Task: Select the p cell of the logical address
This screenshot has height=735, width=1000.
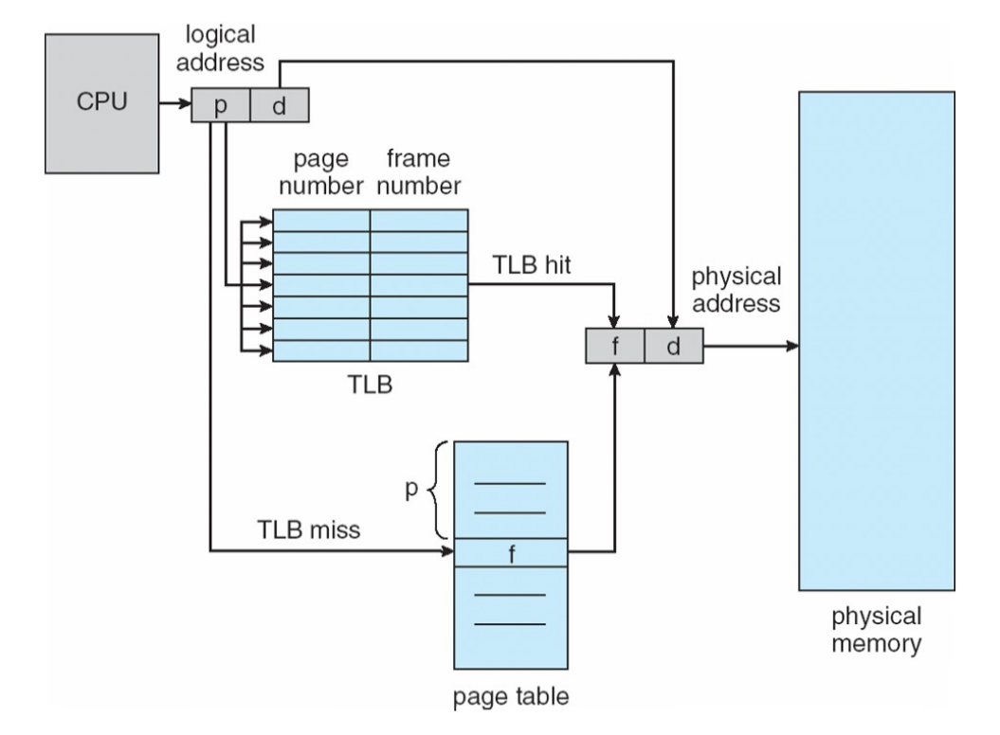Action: point(221,105)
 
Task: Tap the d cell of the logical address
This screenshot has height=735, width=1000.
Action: point(279,105)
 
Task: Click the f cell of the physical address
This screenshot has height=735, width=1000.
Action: point(615,347)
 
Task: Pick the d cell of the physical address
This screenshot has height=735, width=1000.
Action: point(674,347)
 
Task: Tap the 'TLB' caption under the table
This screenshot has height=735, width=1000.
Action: point(370,386)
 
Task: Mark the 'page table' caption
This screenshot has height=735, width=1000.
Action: point(512,702)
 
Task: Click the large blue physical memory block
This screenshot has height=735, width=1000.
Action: point(876,341)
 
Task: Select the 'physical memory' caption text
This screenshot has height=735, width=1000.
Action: point(876,630)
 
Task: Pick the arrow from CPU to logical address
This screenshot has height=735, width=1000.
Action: point(175,105)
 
